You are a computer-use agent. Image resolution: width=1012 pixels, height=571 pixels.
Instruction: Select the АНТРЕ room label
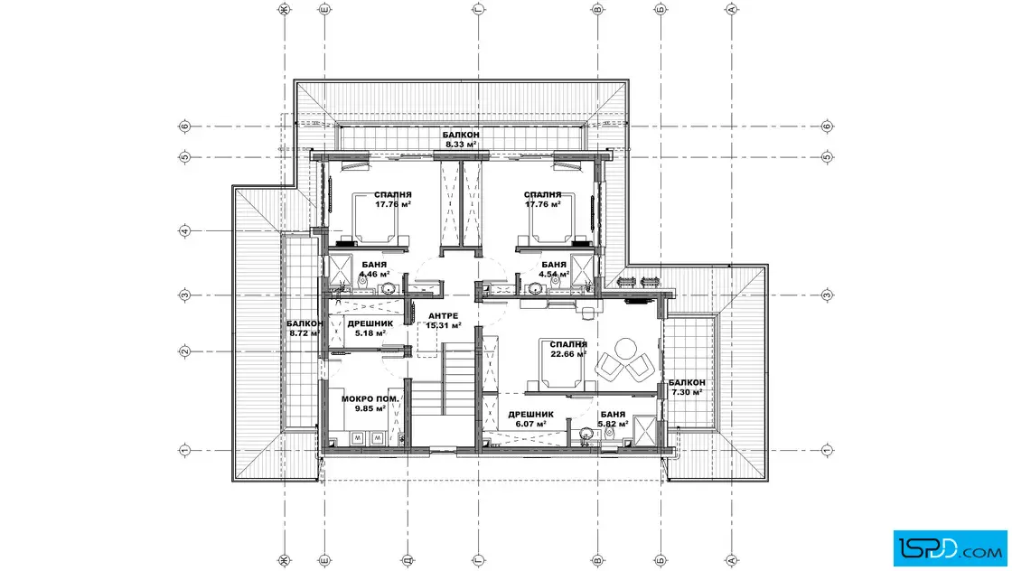pyautogui.click(x=444, y=315)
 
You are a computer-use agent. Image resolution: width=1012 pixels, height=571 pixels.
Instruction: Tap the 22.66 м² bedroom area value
pyautogui.click(x=568, y=354)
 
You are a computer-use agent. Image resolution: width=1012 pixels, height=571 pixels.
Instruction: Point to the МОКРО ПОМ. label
pyautogui.click(x=370, y=398)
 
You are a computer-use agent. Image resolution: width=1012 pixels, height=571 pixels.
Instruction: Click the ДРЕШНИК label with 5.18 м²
pyautogui.click(x=370, y=323)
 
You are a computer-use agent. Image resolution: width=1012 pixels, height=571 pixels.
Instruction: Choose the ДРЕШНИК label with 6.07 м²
pyautogui.click(x=530, y=414)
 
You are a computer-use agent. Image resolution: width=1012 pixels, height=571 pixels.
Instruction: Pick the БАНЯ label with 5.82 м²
pyautogui.click(x=613, y=414)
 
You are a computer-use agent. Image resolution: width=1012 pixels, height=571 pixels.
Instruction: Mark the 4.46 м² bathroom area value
pyautogui.click(x=374, y=274)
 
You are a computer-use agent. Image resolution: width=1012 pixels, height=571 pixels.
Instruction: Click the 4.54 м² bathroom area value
pyautogui.click(x=555, y=274)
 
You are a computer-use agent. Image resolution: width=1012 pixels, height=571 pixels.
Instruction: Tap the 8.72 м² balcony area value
pyautogui.click(x=305, y=333)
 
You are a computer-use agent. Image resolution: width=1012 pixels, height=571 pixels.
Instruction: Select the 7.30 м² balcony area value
pyautogui.click(x=687, y=392)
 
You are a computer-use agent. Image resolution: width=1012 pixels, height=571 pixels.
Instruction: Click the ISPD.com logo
pyautogui.click(x=950, y=548)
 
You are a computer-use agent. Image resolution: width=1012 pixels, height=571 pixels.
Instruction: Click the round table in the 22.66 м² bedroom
pyautogui.click(x=624, y=349)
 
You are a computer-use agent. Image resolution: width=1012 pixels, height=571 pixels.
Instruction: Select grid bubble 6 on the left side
pyautogui.click(x=184, y=126)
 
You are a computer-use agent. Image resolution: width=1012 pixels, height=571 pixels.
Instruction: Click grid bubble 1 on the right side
pyautogui.click(x=828, y=450)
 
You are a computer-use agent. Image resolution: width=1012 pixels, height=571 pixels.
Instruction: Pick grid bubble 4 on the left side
pyautogui.click(x=184, y=231)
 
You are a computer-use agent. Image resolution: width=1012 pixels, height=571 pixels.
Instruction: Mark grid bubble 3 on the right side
pyautogui.click(x=828, y=295)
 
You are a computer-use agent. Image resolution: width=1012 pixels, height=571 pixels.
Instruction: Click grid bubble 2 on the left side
pyautogui.click(x=184, y=351)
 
